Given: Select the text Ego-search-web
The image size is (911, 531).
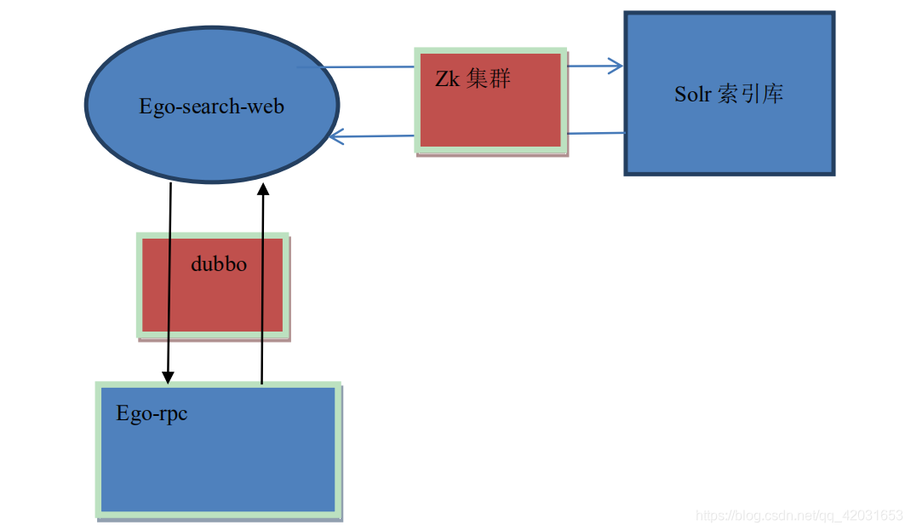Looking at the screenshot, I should click(x=211, y=107).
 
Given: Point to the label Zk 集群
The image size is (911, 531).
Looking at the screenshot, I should click(x=473, y=80).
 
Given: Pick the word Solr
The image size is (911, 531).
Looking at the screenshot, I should click(x=692, y=94).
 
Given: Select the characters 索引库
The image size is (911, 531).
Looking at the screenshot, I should click(x=750, y=94).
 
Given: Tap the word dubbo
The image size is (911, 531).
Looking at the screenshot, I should click(x=219, y=264).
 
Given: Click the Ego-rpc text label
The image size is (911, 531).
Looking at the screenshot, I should click(x=152, y=414).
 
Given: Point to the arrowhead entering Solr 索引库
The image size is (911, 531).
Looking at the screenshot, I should click(x=616, y=66).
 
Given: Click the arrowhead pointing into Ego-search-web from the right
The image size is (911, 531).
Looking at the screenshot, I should click(x=335, y=136).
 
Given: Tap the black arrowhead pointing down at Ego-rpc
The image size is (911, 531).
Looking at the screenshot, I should click(x=168, y=376).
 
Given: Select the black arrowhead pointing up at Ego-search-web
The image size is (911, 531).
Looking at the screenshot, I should click(x=262, y=189).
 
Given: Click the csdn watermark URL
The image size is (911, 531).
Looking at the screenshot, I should click(x=799, y=516).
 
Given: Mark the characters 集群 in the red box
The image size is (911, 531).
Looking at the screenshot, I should click(x=489, y=80).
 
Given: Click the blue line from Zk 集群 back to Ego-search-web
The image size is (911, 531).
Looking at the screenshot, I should click(x=375, y=136).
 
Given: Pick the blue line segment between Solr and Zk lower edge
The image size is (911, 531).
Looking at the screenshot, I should click(x=596, y=133).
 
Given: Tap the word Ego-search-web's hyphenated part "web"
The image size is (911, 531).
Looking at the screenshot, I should click(x=267, y=107).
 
